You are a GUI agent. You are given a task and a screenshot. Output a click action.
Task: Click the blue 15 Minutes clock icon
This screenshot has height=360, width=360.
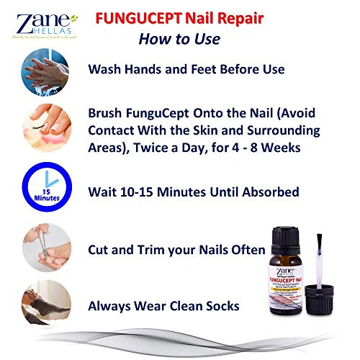click(47, 192)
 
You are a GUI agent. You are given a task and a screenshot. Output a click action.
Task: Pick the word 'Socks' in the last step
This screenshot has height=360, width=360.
click(222, 305)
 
